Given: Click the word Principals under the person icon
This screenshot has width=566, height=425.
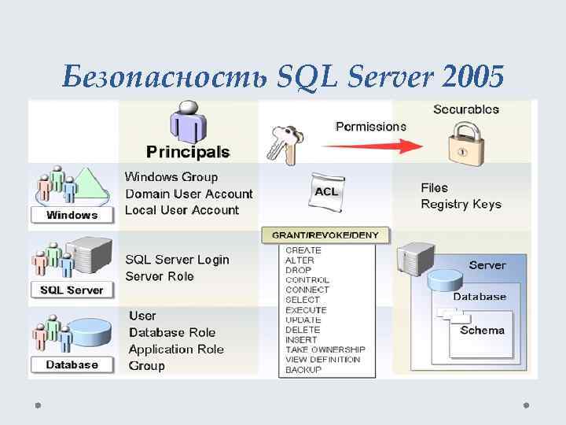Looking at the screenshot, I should tap(188, 151).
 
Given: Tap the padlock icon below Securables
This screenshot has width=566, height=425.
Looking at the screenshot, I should tap(465, 142).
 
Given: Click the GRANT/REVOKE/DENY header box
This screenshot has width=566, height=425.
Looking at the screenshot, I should tap(325, 235).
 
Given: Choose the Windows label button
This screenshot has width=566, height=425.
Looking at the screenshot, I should tap(72, 215).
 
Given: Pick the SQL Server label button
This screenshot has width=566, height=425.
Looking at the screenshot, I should tap(72, 290).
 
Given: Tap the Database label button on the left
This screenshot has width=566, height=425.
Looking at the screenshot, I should tap(72, 364).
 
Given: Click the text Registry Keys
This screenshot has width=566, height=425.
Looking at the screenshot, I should tap(461, 205).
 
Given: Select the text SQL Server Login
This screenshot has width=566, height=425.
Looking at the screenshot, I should tap(178, 260).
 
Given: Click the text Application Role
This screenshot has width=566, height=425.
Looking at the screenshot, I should tap(176, 349).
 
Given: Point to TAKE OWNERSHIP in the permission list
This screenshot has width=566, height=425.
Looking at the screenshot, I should tap(325, 349).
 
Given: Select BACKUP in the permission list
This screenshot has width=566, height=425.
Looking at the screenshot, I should tap(303, 370).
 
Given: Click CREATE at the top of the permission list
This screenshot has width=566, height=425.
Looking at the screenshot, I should tap(303, 250).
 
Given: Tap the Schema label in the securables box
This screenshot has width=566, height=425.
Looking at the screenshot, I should tap(482, 331).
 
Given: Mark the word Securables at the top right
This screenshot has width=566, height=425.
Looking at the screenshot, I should tap(466, 109).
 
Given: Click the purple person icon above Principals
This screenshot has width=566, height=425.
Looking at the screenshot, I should tap(187, 122).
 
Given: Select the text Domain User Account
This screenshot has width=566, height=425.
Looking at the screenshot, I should tap(189, 194).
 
